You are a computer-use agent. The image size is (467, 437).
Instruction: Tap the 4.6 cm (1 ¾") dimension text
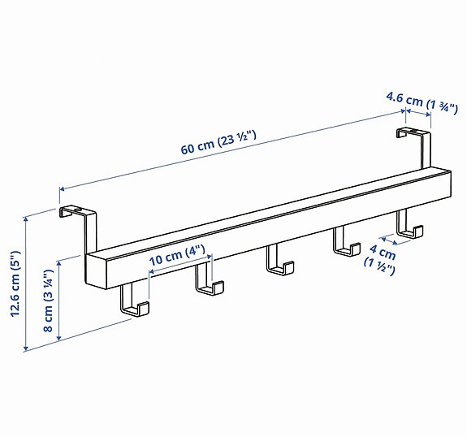(x=422, y=103)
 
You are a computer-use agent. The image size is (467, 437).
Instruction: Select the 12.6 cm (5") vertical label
(x=15, y=283)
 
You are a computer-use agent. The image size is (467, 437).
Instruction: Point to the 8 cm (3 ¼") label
(x=48, y=301)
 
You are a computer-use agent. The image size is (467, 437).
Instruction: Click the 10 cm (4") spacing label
(x=177, y=256)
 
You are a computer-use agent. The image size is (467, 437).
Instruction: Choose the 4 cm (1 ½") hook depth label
(x=380, y=260)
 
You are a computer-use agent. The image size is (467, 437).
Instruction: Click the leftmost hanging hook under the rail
(x=134, y=300)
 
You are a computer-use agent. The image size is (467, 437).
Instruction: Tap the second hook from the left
(x=209, y=279)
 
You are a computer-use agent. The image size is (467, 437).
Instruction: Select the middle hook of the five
(x=279, y=259)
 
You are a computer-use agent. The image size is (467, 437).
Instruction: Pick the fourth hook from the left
(x=346, y=241)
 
